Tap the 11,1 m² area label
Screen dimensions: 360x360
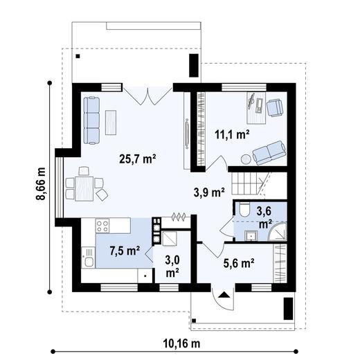(232, 134)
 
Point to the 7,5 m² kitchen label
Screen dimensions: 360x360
(125, 250)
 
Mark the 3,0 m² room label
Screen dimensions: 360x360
(172, 267)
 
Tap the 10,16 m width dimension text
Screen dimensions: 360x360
(181, 343)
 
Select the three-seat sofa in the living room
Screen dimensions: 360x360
(91, 119)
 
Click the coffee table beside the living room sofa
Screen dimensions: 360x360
(111, 123)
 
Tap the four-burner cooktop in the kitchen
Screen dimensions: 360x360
(102, 226)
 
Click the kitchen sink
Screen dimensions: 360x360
(88, 260)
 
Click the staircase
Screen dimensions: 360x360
(248, 183)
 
